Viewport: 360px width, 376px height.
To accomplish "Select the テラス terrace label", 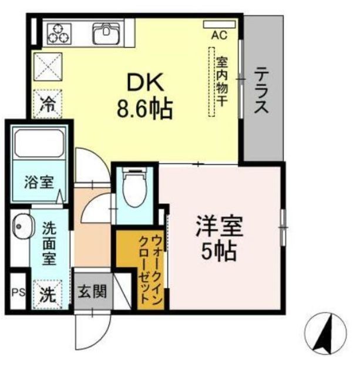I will point(261,91).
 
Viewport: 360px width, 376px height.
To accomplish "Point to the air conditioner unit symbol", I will point(218,25).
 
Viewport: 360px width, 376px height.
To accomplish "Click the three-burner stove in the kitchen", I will point(59,33).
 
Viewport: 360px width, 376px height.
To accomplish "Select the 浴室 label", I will point(38,182).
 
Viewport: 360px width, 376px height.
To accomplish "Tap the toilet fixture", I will point(134,188).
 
